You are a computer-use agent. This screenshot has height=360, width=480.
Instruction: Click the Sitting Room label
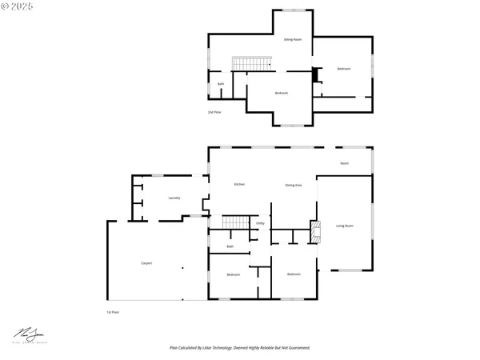293,39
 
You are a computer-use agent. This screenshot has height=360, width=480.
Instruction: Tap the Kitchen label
239,185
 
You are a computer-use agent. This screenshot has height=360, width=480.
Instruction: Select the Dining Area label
294,185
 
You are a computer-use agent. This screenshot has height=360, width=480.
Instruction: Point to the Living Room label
344,226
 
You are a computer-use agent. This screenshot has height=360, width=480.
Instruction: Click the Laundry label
174,198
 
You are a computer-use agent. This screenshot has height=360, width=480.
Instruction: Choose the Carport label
146,263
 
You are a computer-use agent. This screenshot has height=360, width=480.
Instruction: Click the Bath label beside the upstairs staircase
221,84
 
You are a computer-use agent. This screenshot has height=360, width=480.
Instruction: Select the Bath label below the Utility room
230,247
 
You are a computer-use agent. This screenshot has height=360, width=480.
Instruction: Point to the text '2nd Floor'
214,113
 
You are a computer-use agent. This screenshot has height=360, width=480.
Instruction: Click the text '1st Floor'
113,311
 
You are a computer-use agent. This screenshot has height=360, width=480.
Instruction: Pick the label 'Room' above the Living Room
344,163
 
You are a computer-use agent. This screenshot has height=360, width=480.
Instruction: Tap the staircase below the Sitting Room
245,63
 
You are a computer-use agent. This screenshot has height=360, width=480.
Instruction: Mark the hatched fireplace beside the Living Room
315,232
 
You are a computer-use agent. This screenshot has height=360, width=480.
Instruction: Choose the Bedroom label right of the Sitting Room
344,69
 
